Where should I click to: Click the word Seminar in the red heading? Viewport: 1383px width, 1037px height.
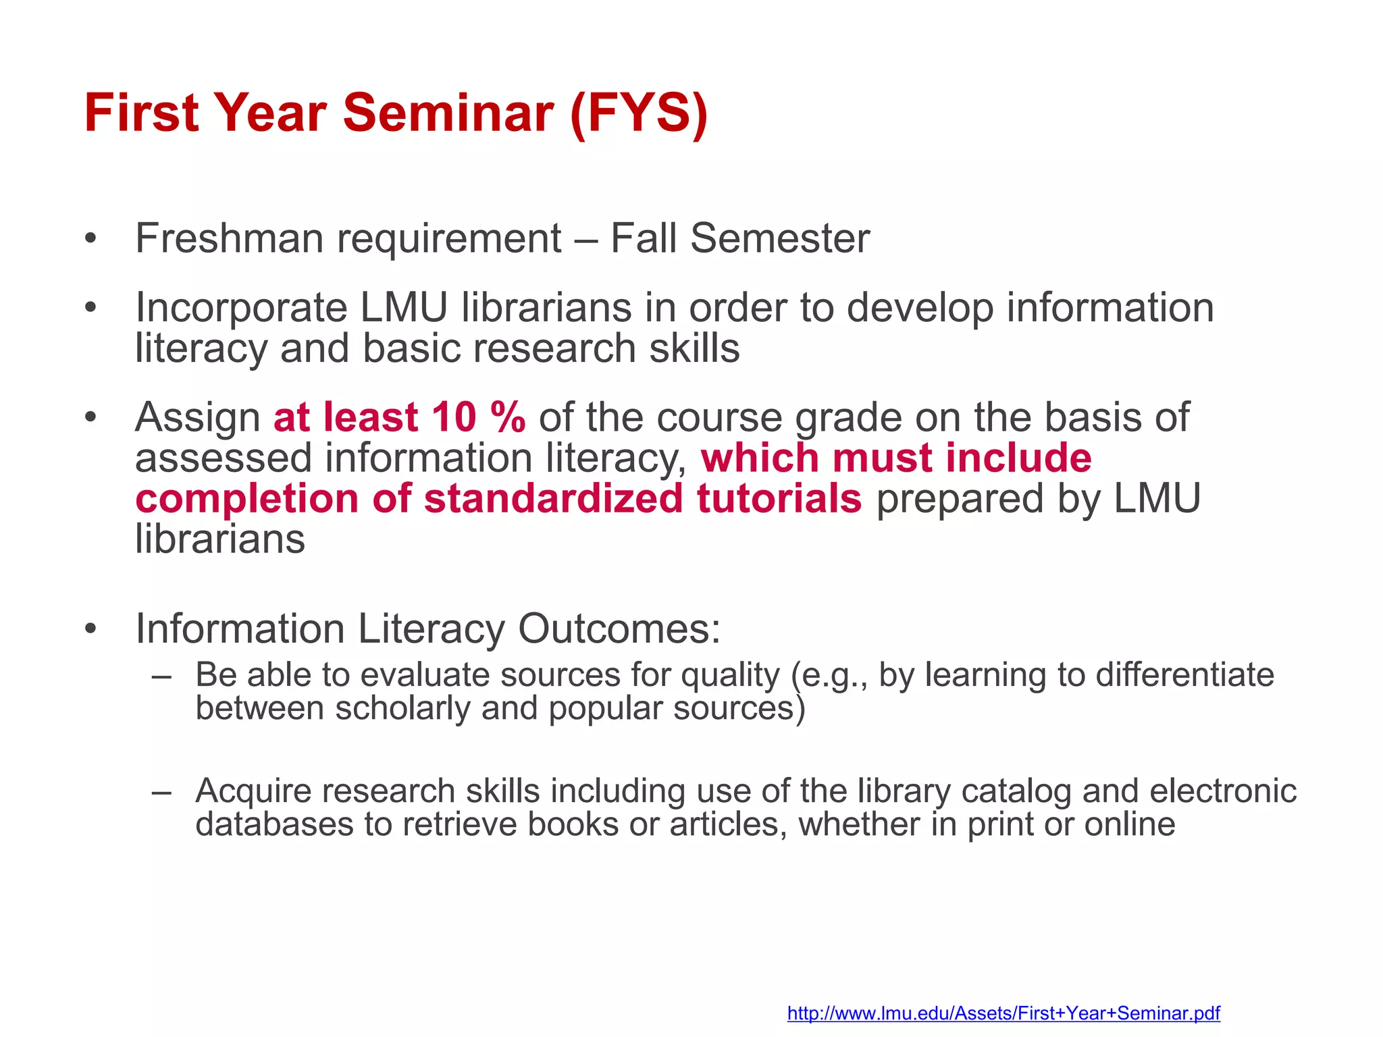click(448, 113)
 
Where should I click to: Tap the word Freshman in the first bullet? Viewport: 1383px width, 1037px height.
click(229, 239)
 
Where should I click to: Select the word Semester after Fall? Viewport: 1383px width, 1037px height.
click(780, 239)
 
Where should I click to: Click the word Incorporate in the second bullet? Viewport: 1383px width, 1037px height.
click(241, 308)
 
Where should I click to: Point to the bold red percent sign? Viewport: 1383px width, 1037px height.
click(508, 417)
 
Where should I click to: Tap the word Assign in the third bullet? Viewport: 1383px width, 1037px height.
click(198, 418)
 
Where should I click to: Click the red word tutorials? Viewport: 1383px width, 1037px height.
click(779, 499)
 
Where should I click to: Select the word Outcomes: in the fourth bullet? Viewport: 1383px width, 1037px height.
click(619, 629)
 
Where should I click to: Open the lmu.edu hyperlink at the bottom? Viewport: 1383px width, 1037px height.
click(1003, 1013)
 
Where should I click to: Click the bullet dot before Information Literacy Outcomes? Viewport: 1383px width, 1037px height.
click(91, 630)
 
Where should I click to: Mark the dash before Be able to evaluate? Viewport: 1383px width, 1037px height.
click(161, 675)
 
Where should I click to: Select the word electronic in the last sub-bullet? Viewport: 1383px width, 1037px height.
click(1223, 791)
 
